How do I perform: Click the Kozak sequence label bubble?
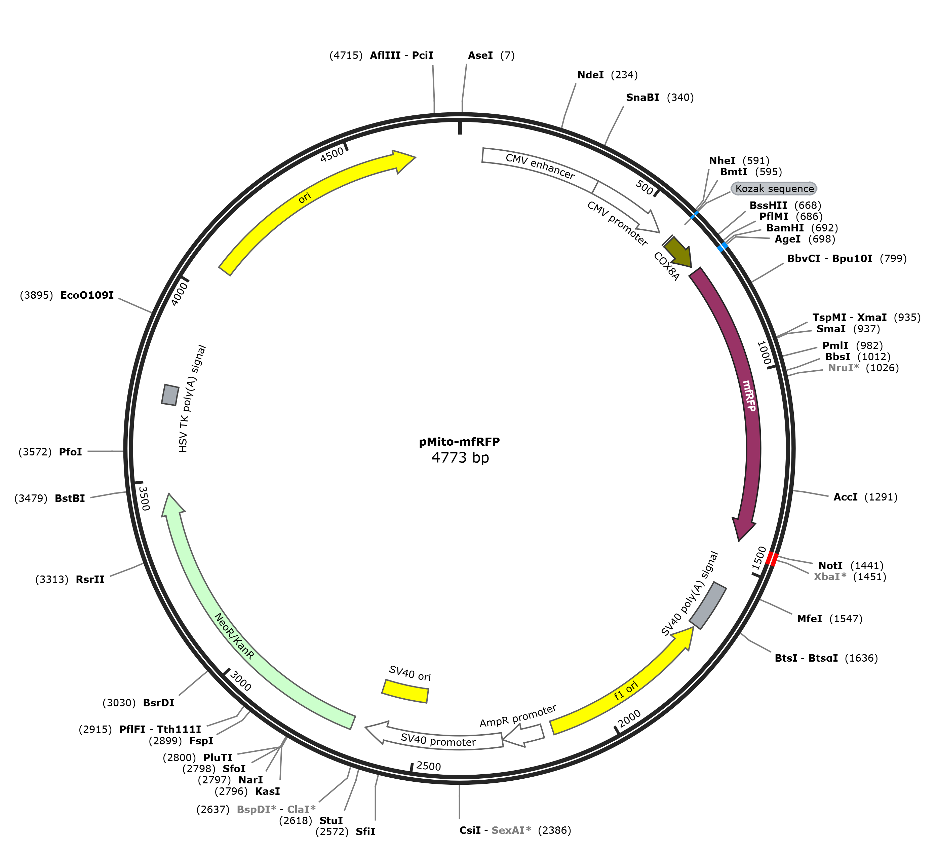pyautogui.click(x=774, y=188)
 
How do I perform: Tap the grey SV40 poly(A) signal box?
pyautogui.click(x=707, y=605)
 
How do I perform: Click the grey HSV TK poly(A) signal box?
pyautogui.click(x=170, y=394)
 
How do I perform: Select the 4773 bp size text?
pyautogui.click(x=460, y=458)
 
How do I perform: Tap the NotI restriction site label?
pyautogui.click(x=830, y=565)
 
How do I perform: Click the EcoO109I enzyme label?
pyautogui.click(x=87, y=295)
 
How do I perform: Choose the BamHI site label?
pyautogui.click(x=785, y=228)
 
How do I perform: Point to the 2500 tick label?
pyautogui.click(x=429, y=766)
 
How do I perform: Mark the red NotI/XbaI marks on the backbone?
pyautogui.click(x=772, y=559)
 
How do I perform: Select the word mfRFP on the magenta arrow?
pyautogui.click(x=749, y=395)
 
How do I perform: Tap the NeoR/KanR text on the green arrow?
pyautogui.click(x=234, y=636)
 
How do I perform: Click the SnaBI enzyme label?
pyautogui.click(x=642, y=97)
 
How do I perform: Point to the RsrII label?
pyautogui.click(x=90, y=580)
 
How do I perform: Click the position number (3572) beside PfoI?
pyautogui.click(x=35, y=452)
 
